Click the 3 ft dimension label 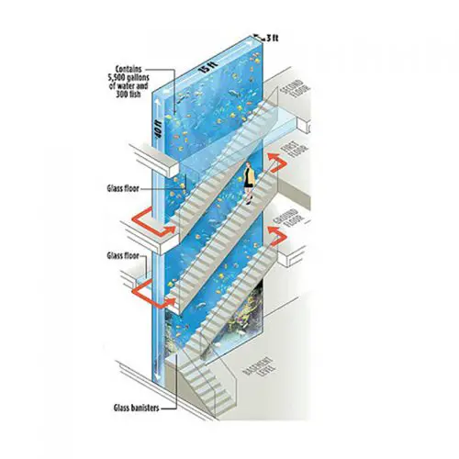(x=272, y=38)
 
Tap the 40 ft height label (x=158, y=129)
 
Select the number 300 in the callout (x=122, y=95)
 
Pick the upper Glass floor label (x=123, y=188)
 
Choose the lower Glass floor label (x=123, y=255)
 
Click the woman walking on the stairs (x=249, y=183)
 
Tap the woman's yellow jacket (x=249, y=177)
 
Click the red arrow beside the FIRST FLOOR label (x=276, y=162)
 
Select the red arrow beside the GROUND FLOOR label (x=277, y=235)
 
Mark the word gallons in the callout (x=140, y=77)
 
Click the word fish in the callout (x=135, y=95)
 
